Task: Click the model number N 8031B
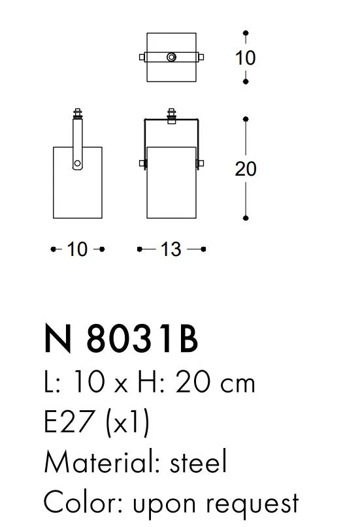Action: coord(121,338)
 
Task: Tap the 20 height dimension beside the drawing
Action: coord(246,168)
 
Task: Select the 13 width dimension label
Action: coord(171,249)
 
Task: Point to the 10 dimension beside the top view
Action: coord(246,57)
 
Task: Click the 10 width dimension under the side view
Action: coord(77,249)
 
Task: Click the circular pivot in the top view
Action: coord(171,57)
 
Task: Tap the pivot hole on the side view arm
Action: coord(77,163)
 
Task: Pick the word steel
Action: coord(198,462)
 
